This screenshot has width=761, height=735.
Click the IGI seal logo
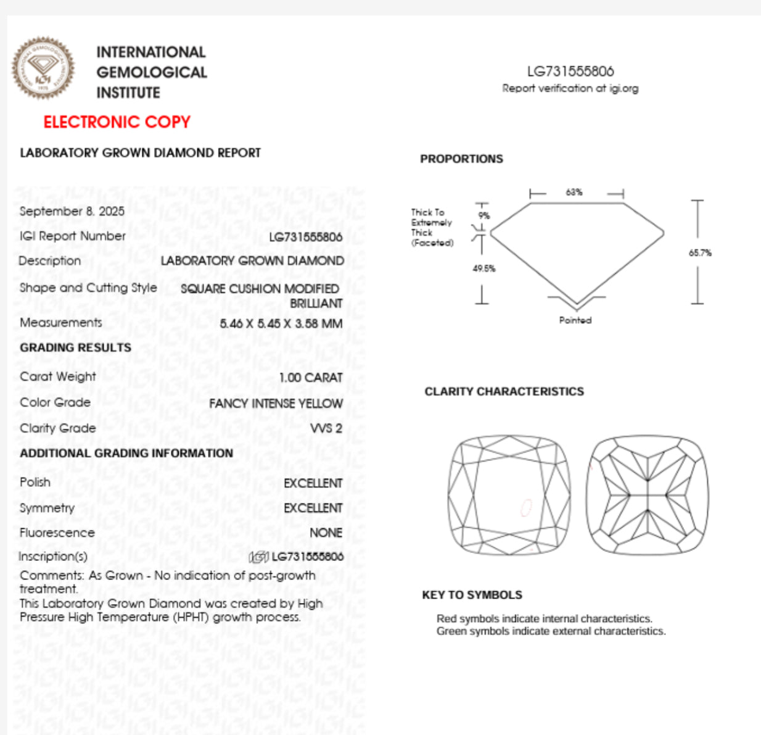pos(43,68)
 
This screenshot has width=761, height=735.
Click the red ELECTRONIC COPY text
pos(117,122)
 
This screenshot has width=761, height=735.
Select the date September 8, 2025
pos(72,211)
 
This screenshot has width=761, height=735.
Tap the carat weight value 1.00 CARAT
pos(310,377)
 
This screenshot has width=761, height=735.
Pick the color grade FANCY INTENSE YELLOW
pos(276,403)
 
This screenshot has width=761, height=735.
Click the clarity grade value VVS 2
pos(326,428)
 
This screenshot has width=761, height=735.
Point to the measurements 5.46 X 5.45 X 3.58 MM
pos(281,323)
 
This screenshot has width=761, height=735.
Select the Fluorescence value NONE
pos(326,533)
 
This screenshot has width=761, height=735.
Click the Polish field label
pos(35,482)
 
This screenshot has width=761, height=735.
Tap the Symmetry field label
pos(47,508)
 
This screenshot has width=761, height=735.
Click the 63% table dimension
pos(574,193)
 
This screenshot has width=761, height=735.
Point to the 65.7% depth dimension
pos(700,252)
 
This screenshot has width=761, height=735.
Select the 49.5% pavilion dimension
pos(484,268)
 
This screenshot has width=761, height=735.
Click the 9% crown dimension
pos(484,215)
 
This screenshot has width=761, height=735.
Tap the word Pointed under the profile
pos(575,320)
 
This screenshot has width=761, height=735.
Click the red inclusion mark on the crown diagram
pos(526,507)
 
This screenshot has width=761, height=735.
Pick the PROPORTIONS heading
pos(461,159)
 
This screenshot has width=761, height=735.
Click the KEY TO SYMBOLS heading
pos(472,595)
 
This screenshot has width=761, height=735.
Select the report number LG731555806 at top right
pos(570,72)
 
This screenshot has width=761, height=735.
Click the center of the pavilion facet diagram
pos(647,495)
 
